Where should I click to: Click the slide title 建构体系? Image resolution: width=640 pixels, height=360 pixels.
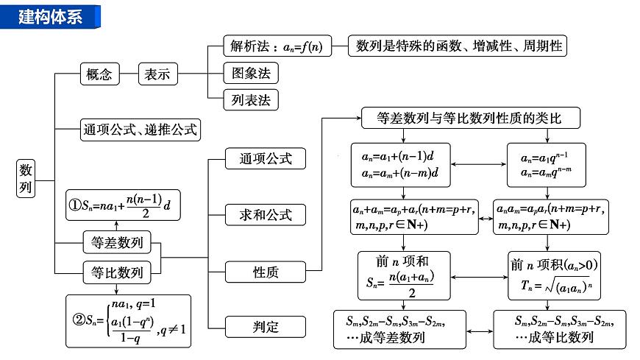click(51, 15)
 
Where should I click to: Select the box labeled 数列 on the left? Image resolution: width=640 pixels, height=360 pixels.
click(25, 179)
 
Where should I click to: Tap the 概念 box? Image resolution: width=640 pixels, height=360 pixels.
click(99, 74)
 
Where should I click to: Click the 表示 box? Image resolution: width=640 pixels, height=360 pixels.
click(157, 74)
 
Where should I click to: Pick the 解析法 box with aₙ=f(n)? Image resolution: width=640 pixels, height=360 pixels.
click(276, 46)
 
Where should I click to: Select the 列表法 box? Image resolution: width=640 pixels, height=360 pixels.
click(251, 99)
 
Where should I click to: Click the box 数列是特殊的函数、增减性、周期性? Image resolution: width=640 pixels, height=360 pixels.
click(458, 46)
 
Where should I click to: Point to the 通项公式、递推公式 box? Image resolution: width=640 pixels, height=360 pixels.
click(140, 130)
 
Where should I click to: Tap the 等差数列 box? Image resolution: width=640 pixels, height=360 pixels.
click(117, 241)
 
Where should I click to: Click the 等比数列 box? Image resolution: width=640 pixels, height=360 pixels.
click(117, 272)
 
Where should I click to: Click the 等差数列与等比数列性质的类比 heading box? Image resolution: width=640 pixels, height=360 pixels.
click(470, 117)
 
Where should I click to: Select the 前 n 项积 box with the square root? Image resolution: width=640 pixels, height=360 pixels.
click(547, 276)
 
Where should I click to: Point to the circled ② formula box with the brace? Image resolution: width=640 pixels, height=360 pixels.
click(128, 320)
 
